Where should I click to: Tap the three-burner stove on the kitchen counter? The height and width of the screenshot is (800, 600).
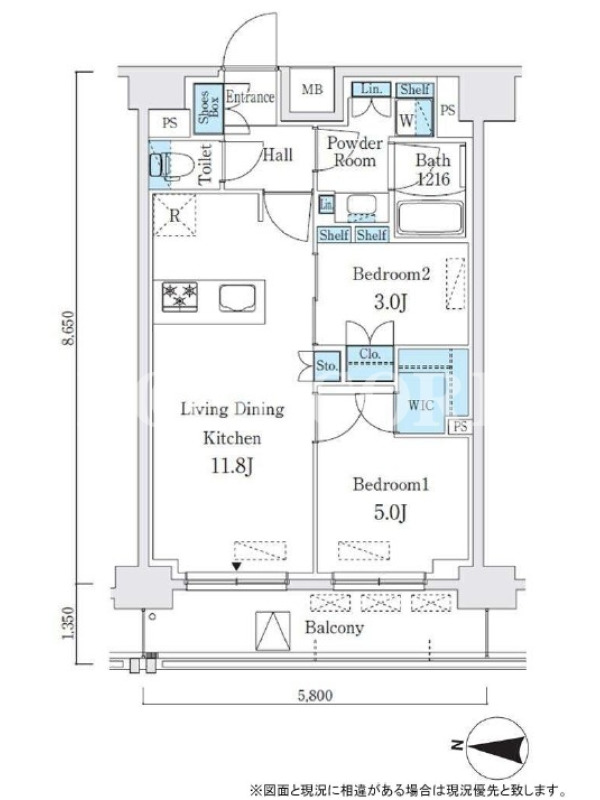pyautogui.click(x=180, y=296)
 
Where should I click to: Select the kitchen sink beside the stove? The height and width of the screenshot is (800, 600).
pyautogui.click(x=238, y=298)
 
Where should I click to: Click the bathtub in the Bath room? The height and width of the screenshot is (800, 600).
pyautogui.click(x=430, y=218)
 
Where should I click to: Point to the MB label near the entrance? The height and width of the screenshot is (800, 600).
pyautogui.click(x=312, y=90)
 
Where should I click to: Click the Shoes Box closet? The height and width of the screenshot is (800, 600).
pyautogui.click(x=208, y=109)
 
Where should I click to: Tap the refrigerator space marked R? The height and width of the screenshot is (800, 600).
pyautogui.click(x=174, y=214)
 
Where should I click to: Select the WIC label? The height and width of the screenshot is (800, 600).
pyautogui.click(x=421, y=406)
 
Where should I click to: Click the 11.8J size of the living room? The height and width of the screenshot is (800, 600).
pyautogui.click(x=232, y=466)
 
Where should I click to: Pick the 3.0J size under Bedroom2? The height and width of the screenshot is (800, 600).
pyautogui.click(x=391, y=302)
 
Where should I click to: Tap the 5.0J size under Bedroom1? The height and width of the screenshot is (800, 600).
pyautogui.click(x=391, y=512)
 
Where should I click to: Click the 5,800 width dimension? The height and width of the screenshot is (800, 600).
pyautogui.click(x=315, y=695)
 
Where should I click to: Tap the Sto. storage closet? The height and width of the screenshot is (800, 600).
pyautogui.click(x=327, y=366)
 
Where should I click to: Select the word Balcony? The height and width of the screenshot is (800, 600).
pyautogui.click(x=334, y=628)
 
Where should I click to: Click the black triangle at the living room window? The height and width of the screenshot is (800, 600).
pyautogui.click(x=236, y=566)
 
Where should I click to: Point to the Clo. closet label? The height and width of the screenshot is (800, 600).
pyautogui.click(x=369, y=354)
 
